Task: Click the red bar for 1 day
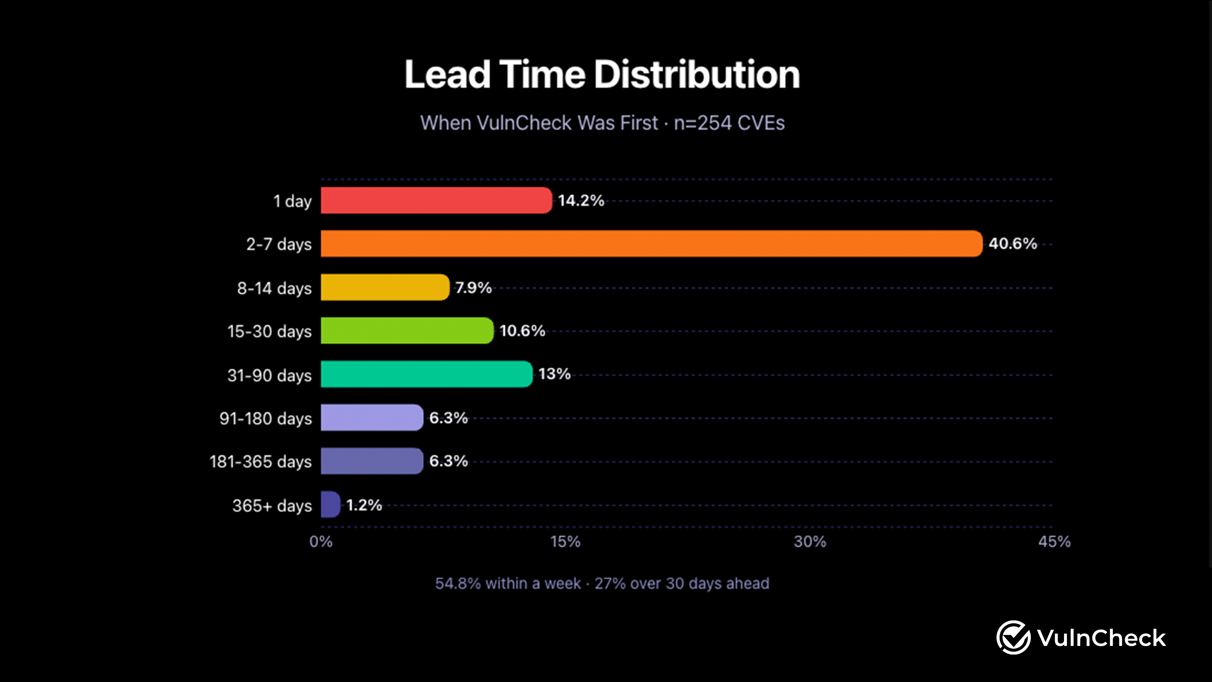(436, 200)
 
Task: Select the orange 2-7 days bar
(651, 244)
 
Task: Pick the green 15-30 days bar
(407, 331)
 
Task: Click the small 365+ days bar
(330, 505)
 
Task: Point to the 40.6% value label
(1013, 244)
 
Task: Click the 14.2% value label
(581, 200)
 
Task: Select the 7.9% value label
(473, 288)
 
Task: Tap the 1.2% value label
(364, 505)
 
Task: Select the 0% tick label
(321, 542)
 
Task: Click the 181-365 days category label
(261, 462)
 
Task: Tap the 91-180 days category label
(265, 418)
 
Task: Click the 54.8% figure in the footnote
(458, 583)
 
